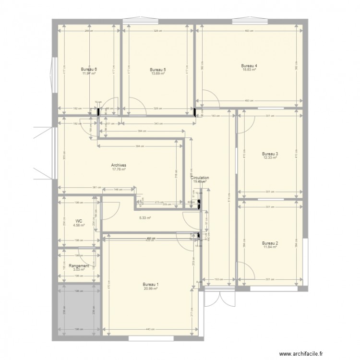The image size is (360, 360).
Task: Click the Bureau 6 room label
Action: tap(89, 70)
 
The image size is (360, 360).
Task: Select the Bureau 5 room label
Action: tap(158, 70)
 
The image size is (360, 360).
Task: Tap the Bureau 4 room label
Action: tap(249, 66)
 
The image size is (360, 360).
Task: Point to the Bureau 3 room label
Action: tap(271, 154)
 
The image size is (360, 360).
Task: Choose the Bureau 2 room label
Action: tap(271, 243)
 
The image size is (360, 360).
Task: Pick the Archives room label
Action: tap(119, 165)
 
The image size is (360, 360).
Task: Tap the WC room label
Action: tap(79, 221)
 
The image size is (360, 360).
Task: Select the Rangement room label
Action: tap(79, 265)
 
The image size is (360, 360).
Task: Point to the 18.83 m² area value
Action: tap(249, 70)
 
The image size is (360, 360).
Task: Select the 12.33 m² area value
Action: tap(271, 157)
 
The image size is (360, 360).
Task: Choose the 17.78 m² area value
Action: tap(119, 168)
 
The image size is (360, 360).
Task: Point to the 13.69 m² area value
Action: tap(158, 73)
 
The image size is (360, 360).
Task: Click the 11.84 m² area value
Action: tap(271, 247)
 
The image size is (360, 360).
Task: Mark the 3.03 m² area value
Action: tap(79, 269)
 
